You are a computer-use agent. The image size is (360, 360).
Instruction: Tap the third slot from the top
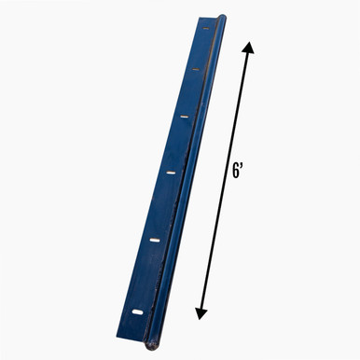click(x=186, y=118)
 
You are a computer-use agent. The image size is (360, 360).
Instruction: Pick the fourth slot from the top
click(x=172, y=172)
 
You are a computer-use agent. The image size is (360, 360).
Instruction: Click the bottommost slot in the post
click(x=137, y=311)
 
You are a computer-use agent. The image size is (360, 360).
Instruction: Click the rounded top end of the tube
click(x=220, y=18)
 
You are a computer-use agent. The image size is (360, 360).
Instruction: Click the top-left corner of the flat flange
click(x=199, y=16)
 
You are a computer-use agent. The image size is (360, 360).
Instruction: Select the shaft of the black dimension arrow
click(x=225, y=183)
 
